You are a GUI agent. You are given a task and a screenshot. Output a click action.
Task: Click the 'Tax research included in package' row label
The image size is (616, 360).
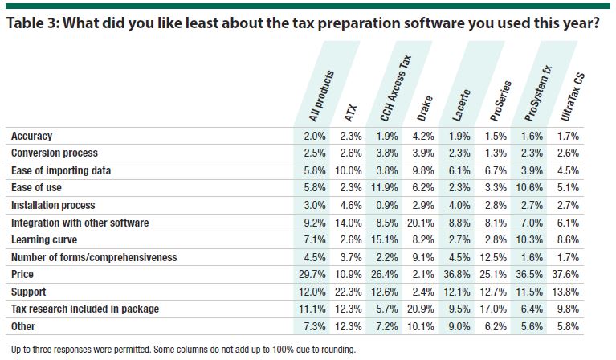coord(85,309)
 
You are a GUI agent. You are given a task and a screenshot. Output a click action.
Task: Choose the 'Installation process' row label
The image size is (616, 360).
coord(55,206)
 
